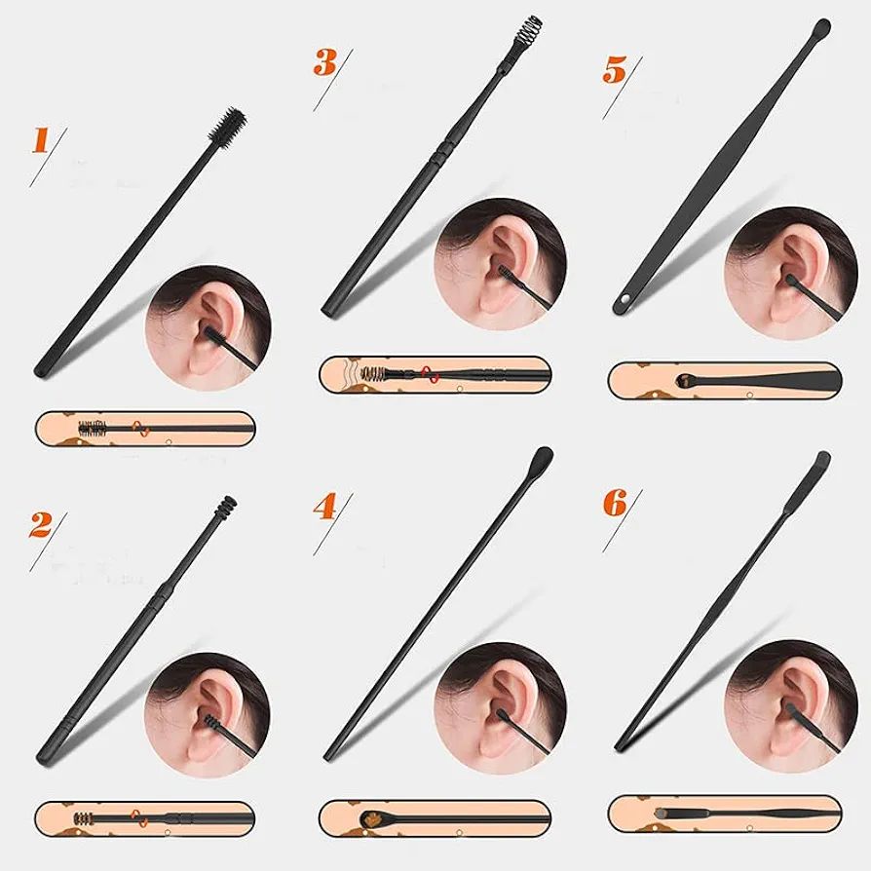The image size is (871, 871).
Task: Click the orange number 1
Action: point(40,140)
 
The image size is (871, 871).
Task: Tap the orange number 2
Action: point(41,525)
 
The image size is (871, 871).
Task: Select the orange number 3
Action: point(325,62)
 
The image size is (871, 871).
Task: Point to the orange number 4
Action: point(325,507)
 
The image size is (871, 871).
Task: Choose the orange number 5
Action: point(615,70)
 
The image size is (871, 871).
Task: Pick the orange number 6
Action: point(615,503)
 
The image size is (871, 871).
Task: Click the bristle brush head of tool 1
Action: point(228,126)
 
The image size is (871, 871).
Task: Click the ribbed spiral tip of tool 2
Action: point(225,507)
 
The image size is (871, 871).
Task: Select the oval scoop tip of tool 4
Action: point(541,459)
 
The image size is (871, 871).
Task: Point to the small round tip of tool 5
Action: point(822,27)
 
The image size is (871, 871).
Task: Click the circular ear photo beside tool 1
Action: point(208,327)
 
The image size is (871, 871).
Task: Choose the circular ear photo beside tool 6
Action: point(791,706)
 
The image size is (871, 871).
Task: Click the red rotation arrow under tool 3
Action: point(431,375)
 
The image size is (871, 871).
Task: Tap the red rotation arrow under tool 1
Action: point(140,429)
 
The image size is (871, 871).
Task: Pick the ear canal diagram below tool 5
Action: point(725,381)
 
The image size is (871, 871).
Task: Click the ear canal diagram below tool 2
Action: point(145,819)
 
